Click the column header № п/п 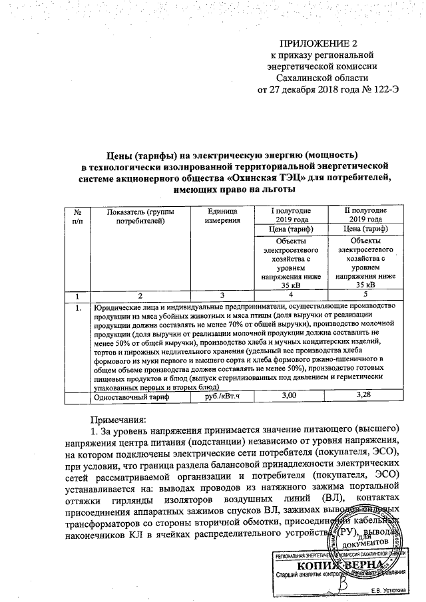coord(79,216)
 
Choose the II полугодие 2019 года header coord(362,216)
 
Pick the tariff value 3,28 coord(362,396)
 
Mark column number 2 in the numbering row coord(140,294)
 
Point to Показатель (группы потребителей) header coord(140,216)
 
